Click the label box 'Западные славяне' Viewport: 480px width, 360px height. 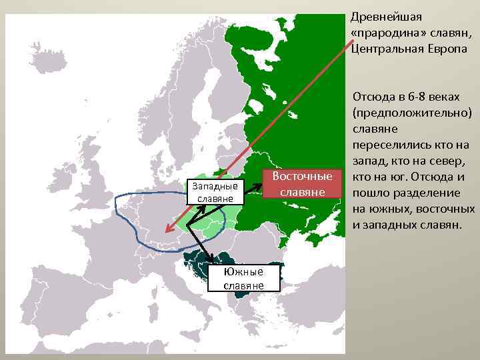pos(215,192)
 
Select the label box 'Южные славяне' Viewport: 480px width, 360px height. pos(243,278)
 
